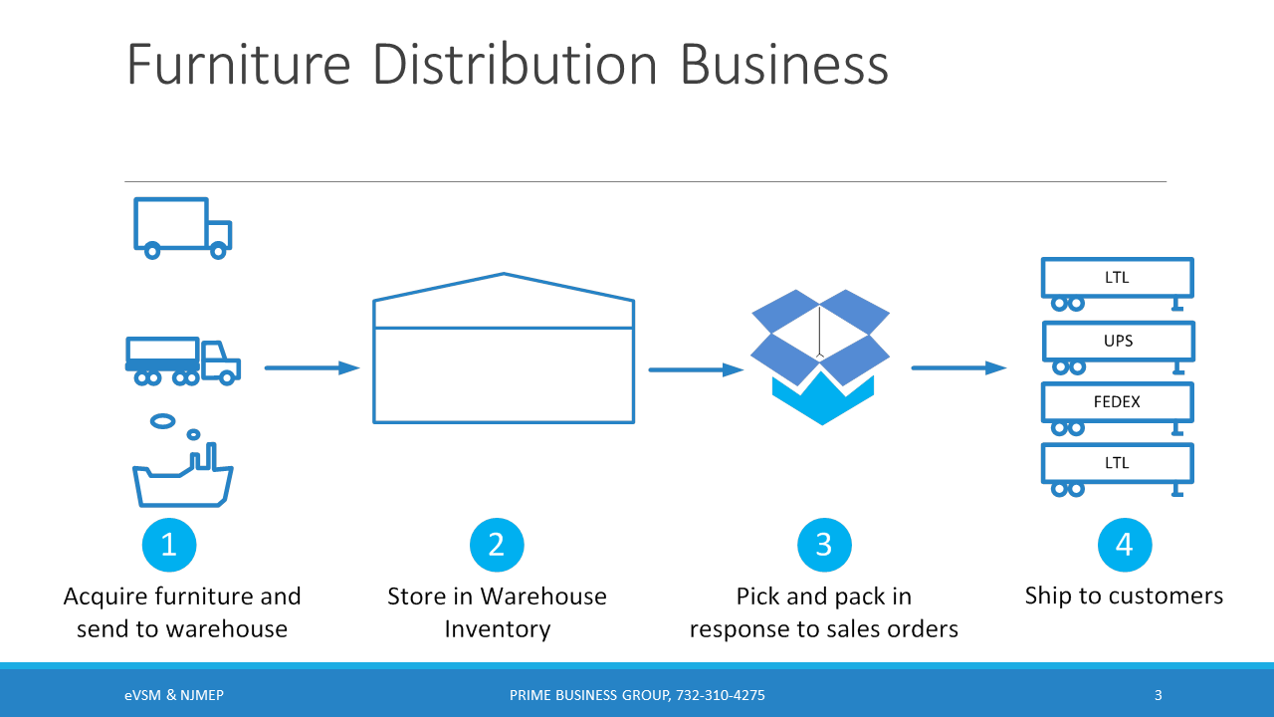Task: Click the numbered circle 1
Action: [x=169, y=545]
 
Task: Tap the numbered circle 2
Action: [x=497, y=545]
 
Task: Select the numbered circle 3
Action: [x=824, y=545]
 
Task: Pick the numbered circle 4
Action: [x=1125, y=545]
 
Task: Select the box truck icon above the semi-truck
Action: [x=181, y=227]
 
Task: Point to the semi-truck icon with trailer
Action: [x=182, y=360]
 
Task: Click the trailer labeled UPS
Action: [x=1118, y=342]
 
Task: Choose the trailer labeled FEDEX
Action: [x=1117, y=402]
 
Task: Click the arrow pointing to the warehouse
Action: [x=312, y=368]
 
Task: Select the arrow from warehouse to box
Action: [x=696, y=370]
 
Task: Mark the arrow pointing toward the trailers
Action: [x=958, y=368]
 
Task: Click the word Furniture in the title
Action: [x=239, y=65]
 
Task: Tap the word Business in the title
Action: [x=784, y=65]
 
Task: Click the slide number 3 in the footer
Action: [x=1158, y=695]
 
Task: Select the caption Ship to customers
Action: [x=1124, y=596]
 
